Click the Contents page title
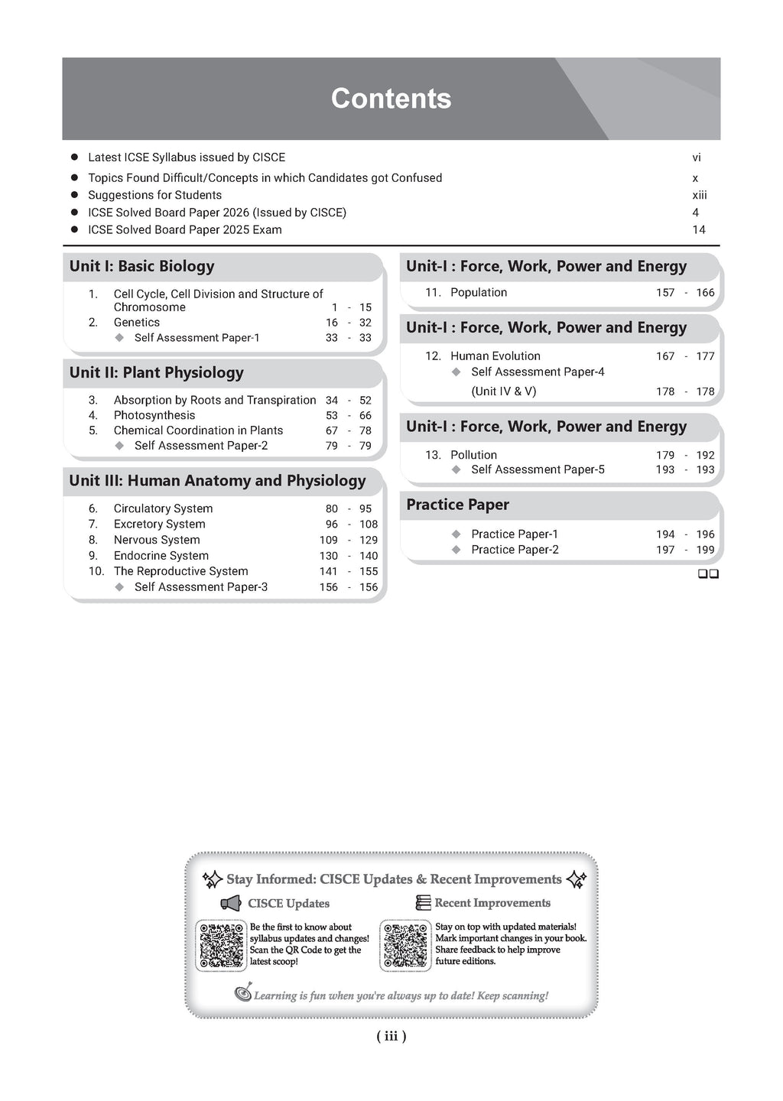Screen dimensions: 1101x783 click(x=391, y=99)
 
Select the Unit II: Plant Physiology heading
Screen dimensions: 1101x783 click(x=156, y=373)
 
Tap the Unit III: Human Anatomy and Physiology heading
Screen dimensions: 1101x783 click(x=217, y=481)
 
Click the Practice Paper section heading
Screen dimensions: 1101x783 click(x=457, y=505)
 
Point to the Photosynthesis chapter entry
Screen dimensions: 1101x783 click(x=154, y=415)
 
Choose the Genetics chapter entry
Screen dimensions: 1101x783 click(x=137, y=323)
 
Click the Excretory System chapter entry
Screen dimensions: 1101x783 click(x=159, y=525)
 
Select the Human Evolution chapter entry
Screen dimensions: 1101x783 click(x=495, y=356)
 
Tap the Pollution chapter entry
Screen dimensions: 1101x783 click(x=473, y=455)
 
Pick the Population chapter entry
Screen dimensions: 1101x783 click(x=479, y=293)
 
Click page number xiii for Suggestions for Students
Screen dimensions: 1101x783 click(x=699, y=195)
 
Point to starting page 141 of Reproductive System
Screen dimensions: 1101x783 click(x=328, y=571)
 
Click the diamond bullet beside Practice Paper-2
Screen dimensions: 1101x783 click(x=456, y=550)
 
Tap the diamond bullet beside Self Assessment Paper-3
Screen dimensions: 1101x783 click(x=119, y=587)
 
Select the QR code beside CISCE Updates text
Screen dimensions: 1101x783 click(x=221, y=946)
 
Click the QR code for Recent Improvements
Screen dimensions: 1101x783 click(x=406, y=946)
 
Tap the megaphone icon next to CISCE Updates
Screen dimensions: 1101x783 click(x=231, y=904)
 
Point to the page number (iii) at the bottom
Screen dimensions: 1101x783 click(x=391, y=1037)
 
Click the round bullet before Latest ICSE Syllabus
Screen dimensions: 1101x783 click(x=75, y=158)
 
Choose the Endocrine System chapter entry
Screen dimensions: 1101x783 click(x=161, y=556)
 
